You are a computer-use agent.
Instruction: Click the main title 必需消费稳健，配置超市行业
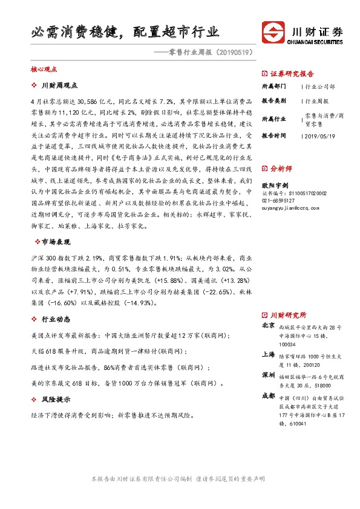[125, 32]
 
